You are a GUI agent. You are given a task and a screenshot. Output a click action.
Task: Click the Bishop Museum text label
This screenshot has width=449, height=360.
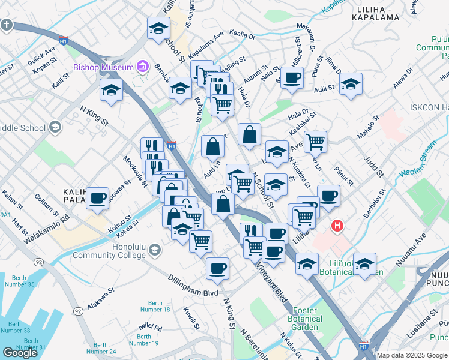[103, 67]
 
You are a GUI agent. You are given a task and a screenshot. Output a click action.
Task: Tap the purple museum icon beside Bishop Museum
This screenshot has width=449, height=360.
[143, 66]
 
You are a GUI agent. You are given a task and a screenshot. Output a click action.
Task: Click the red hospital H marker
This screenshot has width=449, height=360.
[338, 227]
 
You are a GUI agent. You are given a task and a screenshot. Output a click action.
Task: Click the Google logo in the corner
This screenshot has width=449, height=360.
[20, 353]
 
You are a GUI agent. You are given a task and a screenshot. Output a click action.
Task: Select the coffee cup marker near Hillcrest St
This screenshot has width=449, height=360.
[292, 78]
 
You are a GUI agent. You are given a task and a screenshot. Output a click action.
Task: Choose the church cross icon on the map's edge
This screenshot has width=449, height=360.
[6, 25]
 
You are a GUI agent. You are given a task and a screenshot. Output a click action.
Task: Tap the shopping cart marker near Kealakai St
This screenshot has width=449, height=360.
[315, 142]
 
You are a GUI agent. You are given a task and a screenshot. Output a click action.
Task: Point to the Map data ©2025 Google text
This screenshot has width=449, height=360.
[412, 355]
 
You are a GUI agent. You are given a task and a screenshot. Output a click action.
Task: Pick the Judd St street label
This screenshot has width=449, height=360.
[373, 166]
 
